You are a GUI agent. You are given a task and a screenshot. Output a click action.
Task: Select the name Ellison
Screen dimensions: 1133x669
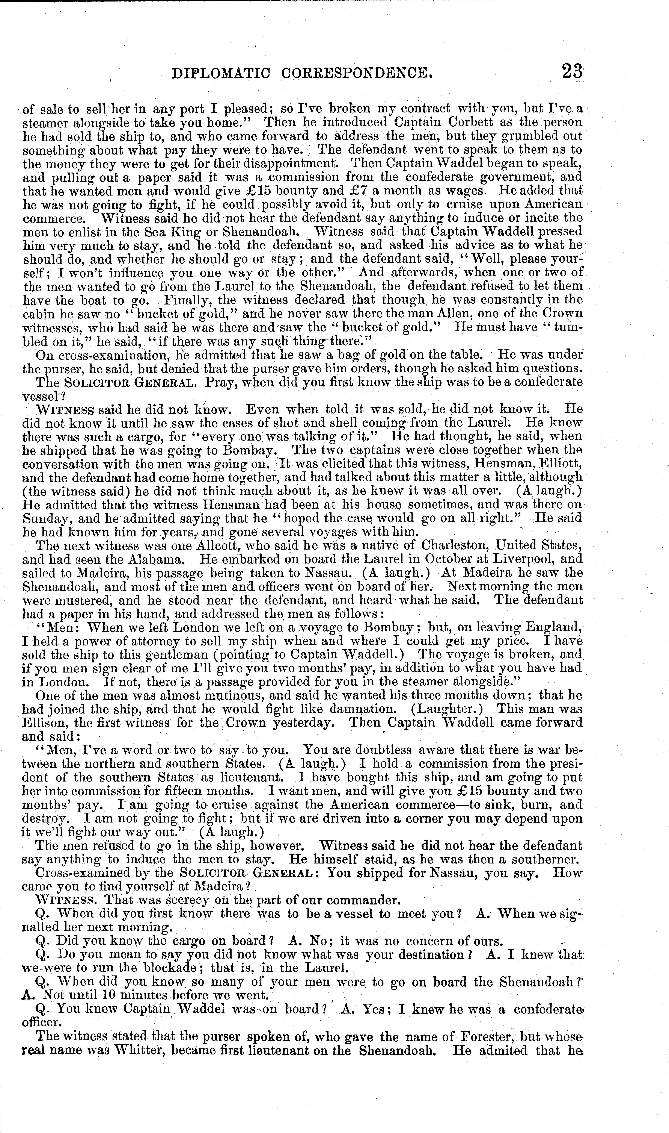point(43,722)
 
